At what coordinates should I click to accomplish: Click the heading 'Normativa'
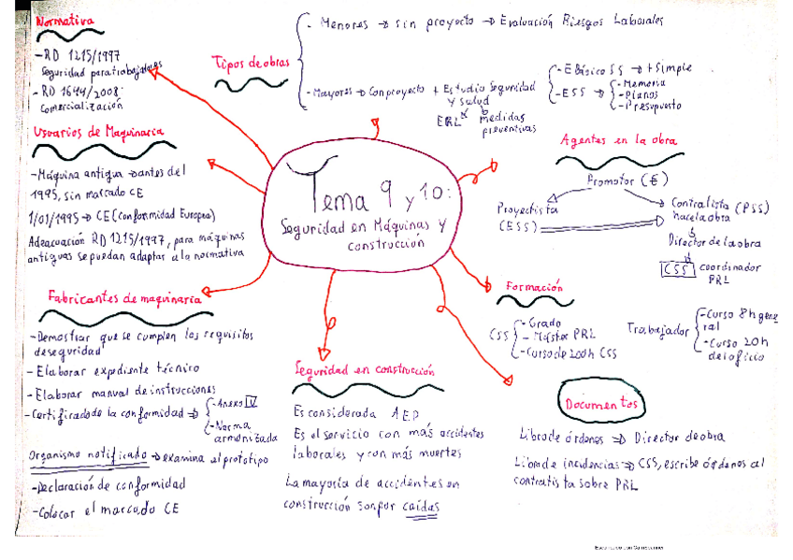63,20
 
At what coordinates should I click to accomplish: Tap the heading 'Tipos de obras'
250,63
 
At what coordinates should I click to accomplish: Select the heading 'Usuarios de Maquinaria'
92,132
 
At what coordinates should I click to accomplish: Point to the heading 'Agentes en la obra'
618,140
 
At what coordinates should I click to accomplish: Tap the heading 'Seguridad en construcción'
364,370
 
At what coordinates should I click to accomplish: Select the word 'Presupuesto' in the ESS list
646,107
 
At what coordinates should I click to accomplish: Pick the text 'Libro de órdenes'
560,437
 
